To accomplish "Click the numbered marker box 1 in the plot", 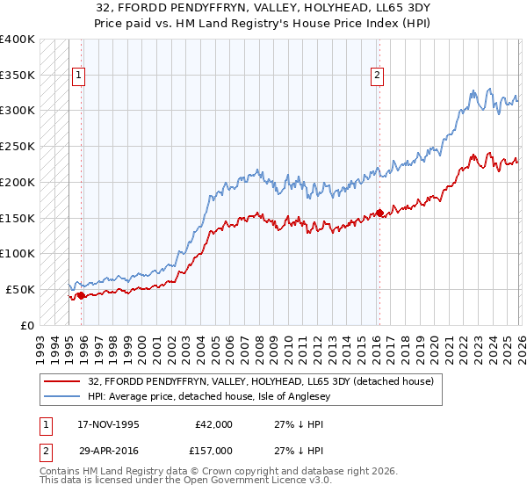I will pyautogui.click(x=79, y=76).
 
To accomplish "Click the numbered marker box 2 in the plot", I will pyautogui.click(x=377, y=76).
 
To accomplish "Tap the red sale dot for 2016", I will pyautogui.click(x=379, y=213).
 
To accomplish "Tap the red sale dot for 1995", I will pyautogui.click(x=82, y=295).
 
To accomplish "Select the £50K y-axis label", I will pyautogui.click(x=20, y=289).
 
